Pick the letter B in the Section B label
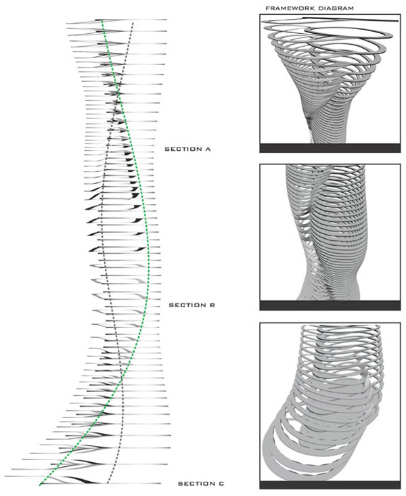pos(212,305)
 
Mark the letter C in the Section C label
pos(221,484)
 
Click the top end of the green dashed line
pos(102,21)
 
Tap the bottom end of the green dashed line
pos(40,484)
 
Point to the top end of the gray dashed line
pos(133,23)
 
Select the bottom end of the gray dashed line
pos(108,483)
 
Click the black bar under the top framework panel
pos(330,148)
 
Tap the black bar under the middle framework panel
pos(330,305)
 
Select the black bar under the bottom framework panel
pos(330,485)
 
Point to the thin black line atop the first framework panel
pos(351,20)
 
